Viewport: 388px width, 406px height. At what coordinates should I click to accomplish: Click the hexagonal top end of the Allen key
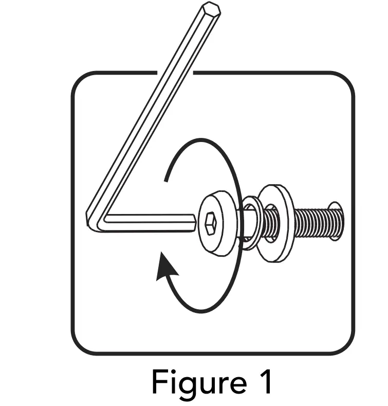(211, 10)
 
